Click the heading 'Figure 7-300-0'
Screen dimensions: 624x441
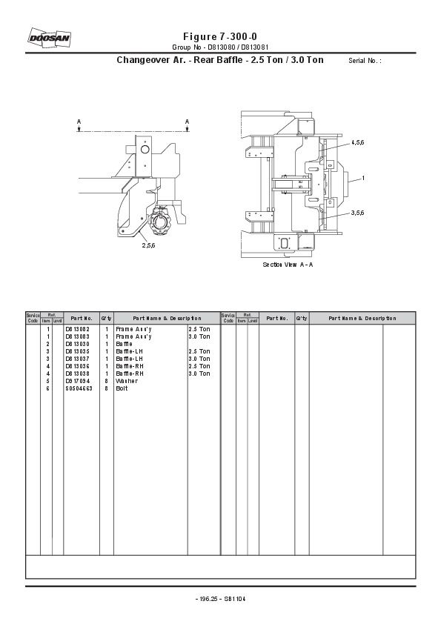[220, 36]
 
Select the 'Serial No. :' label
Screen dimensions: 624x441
[364, 61]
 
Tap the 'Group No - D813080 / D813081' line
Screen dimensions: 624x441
[220, 47]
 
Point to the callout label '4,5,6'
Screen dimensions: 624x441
[357, 142]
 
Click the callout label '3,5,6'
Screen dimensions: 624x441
[357, 213]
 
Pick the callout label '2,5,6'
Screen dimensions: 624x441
[148, 245]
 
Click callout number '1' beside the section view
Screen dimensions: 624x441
[363, 178]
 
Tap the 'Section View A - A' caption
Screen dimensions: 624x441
[288, 265]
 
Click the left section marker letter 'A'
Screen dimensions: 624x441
[79, 121]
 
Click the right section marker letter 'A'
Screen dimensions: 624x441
[187, 121]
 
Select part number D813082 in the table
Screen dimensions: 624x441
[77, 328]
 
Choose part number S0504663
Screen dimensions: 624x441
[79, 388]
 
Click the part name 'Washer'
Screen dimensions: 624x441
[126, 381]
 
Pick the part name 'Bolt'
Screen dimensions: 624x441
[122, 388]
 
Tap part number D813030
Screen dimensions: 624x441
[77, 344]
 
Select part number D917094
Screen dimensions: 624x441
[77, 381]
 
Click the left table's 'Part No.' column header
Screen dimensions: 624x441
[81, 318]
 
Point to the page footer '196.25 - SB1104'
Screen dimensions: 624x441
[220, 599]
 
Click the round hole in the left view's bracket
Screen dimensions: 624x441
[145, 150]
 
